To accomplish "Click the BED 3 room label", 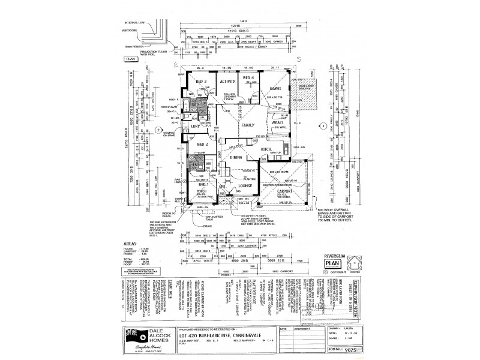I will coord(201,82).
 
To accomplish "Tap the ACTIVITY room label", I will coord(227,82).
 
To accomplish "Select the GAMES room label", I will coord(277,88).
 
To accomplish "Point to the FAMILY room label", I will coord(248,125).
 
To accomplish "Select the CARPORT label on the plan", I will coord(288,191).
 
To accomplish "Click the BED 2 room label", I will coord(202,144).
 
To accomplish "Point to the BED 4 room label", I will coord(248,79).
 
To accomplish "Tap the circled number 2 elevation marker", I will coord(158,130).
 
